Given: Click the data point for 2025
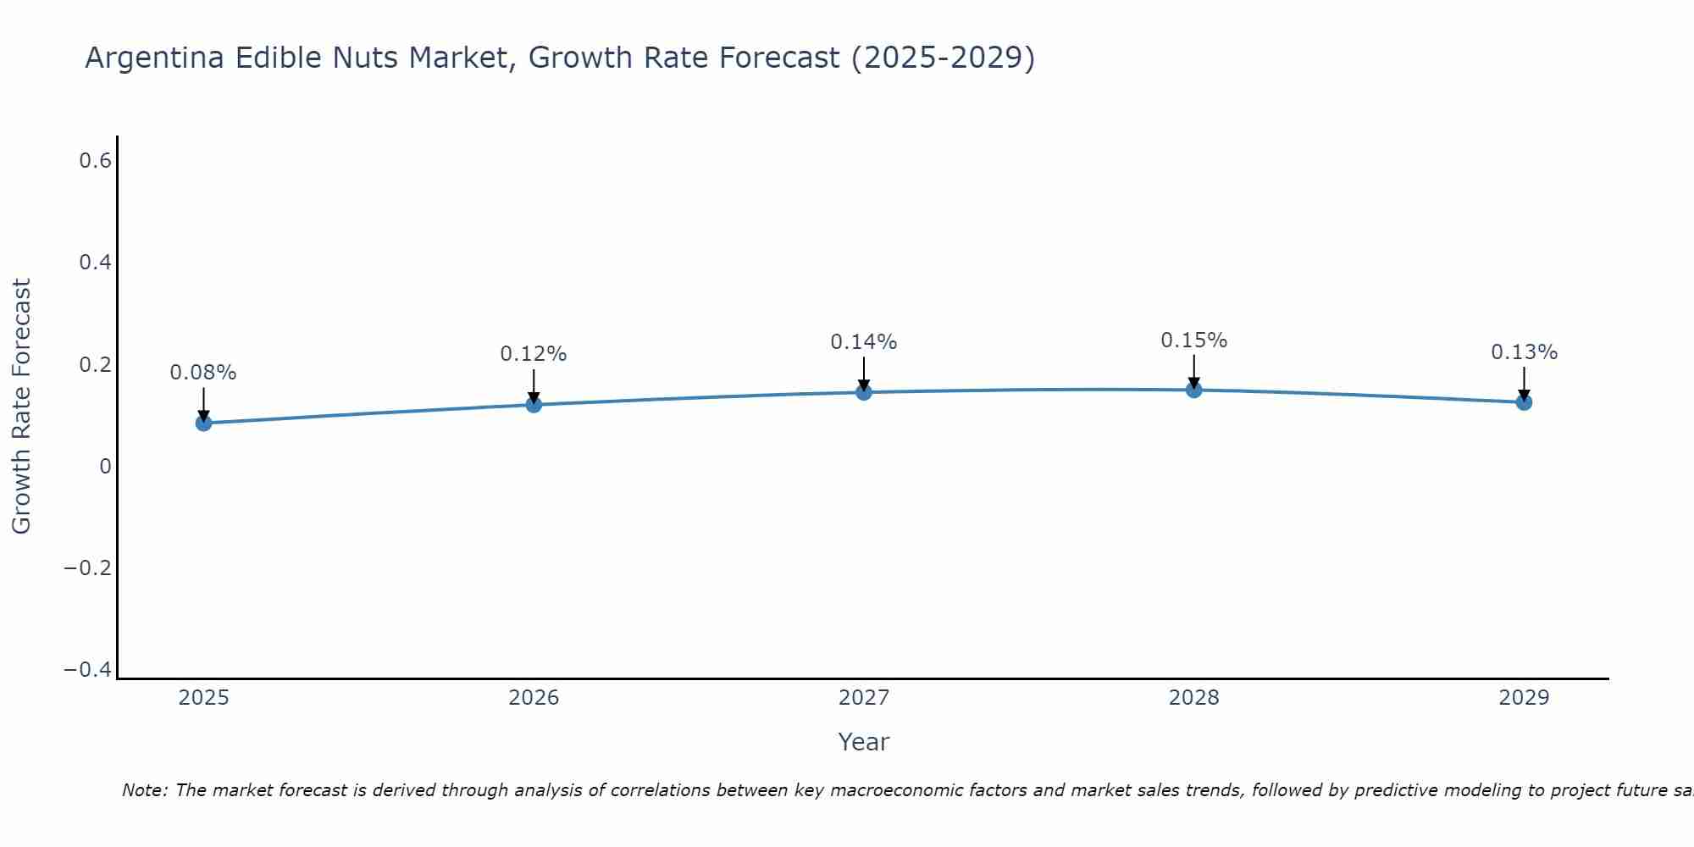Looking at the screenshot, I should (203, 423).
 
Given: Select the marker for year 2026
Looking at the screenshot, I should (534, 405).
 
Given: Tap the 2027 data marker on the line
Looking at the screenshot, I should (864, 392).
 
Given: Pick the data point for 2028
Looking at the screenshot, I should (1194, 390).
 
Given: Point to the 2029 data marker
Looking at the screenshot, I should (1524, 402).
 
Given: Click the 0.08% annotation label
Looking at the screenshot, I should (203, 373).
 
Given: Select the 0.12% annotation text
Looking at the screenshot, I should (534, 354).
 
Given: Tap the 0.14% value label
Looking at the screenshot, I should (864, 342).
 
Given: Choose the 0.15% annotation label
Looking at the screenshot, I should (1194, 340).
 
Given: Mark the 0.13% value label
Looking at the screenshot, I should (1524, 352).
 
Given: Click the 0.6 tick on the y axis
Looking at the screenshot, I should (96, 160).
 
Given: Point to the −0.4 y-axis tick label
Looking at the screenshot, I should (88, 670).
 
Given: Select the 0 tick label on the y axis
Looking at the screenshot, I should (105, 466).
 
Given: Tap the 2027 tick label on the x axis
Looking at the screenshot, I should (864, 698).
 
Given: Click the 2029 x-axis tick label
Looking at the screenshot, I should (1524, 698).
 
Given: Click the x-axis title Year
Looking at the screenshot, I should (864, 742).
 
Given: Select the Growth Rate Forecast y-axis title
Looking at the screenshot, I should (21, 407).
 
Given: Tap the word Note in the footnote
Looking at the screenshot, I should (144, 790).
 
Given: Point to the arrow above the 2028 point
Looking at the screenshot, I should (1194, 369).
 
